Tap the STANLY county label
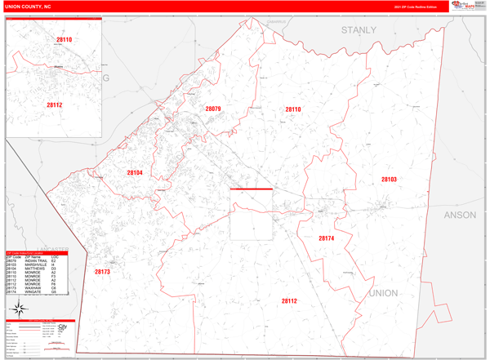pyautogui.click(x=359, y=30)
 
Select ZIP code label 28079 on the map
pyautogui.click(x=213, y=109)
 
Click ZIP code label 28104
pyautogui.click(x=135, y=173)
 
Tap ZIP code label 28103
pyautogui.click(x=389, y=179)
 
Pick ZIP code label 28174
pyautogui.click(x=326, y=238)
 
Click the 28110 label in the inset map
pyautogui.click(x=64, y=39)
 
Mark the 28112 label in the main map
pyautogui.click(x=289, y=301)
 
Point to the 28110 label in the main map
pyautogui.click(x=293, y=109)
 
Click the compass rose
pyautogui.click(x=18, y=308)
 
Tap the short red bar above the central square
pyautogui.click(x=251, y=189)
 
